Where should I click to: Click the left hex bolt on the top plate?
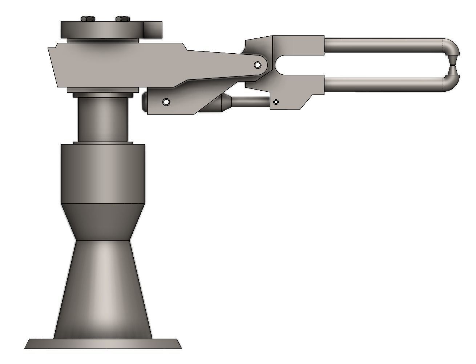[87, 19]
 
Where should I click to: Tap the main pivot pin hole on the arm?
[258, 65]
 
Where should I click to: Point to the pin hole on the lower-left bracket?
[166, 102]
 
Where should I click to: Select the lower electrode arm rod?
[382, 84]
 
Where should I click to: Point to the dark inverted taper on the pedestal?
[102, 221]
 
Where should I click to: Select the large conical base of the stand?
[102, 286]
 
